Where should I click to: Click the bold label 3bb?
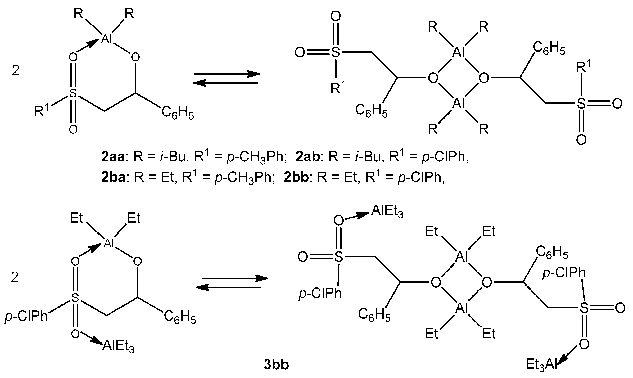[276, 365]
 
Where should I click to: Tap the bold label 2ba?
[113, 178]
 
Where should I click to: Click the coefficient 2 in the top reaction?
[16, 70]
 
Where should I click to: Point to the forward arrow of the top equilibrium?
[227, 74]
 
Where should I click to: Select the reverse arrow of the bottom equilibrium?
[228, 288]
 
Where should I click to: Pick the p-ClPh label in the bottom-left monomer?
[26, 317]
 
